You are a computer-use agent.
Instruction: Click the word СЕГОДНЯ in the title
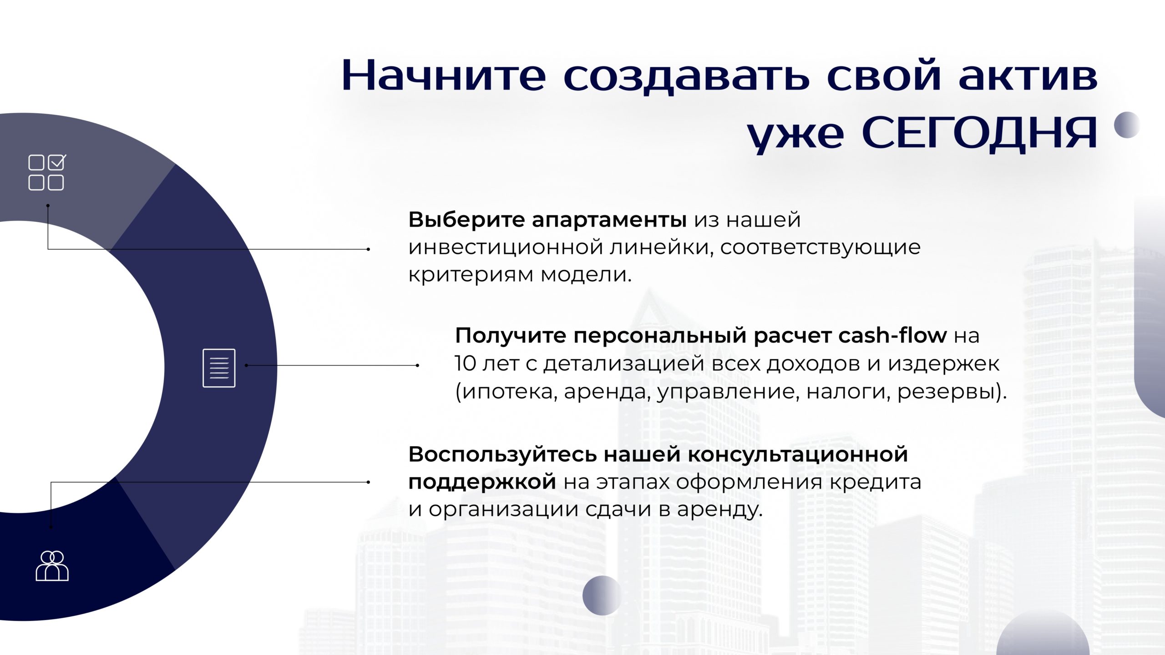(979, 133)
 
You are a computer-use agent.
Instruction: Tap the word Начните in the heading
(444, 75)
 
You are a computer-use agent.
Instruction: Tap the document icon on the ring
(219, 368)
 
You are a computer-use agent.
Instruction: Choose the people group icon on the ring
(52, 566)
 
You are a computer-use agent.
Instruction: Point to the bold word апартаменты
(609, 221)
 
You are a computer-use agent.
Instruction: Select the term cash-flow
(892, 335)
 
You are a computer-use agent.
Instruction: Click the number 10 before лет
(465, 363)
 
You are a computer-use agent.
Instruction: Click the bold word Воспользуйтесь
(502, 454)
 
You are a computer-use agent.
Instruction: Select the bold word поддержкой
(482, 482)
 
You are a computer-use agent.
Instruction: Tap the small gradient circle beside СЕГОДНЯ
(1127, 125)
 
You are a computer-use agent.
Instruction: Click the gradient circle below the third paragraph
(602, 595)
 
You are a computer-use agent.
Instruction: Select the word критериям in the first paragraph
(471, 275)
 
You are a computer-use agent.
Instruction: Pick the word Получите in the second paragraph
(510, 336)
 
